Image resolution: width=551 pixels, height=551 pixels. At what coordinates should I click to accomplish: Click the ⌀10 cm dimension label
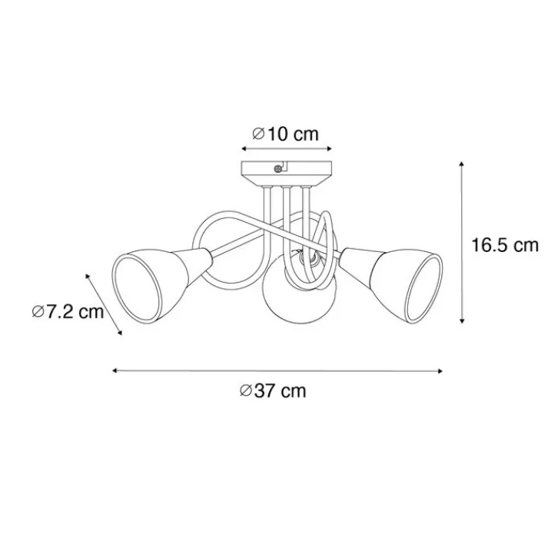[x=285, y=134]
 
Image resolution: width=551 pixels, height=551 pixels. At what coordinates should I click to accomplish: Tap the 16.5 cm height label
[x=505, y=244]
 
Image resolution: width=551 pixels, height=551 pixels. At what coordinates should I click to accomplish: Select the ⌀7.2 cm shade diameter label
[x=68, y=311]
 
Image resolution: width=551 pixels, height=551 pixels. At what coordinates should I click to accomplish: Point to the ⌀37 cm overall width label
[x=273, y=390]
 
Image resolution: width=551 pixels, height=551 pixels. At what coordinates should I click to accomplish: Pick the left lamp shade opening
[x=136, y=288]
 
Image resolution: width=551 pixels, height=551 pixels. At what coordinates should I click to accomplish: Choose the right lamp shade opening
[x=424, y=287]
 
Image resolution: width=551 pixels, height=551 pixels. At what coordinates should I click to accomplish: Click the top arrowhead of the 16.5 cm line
[x=462, y=164]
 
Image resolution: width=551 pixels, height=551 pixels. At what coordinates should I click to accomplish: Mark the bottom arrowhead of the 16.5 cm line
[x=462, y=320]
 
